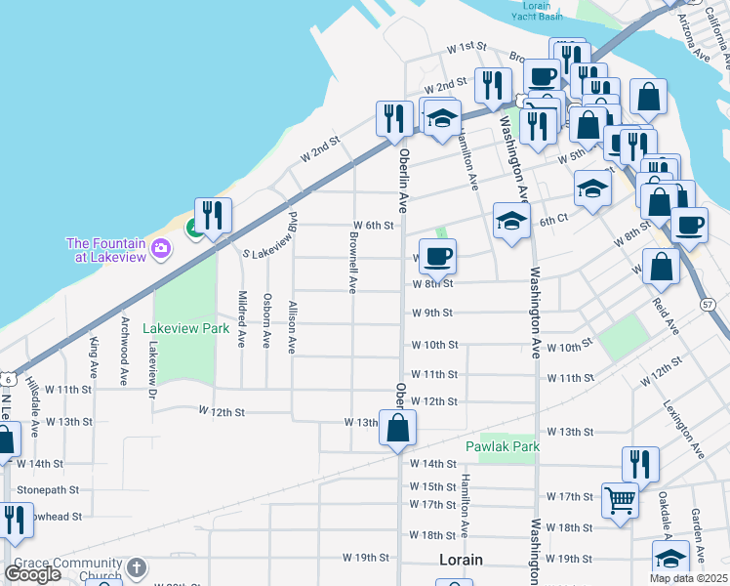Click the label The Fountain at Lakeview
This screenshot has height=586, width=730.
click(105, 249)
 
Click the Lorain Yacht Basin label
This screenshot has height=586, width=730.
click(537, 11)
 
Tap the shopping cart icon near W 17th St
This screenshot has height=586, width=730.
click(621, 501)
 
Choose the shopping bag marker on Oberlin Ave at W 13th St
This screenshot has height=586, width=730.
click(398, 428)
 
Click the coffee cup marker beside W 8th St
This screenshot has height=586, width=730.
click(437, 257)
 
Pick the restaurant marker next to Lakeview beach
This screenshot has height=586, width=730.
click(212, 216)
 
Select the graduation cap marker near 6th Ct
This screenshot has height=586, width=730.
click(511, 221)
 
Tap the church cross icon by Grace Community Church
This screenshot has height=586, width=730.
click(138, 566)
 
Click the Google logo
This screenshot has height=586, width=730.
click(33, 574)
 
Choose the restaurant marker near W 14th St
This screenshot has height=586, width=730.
click(640, 463)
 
